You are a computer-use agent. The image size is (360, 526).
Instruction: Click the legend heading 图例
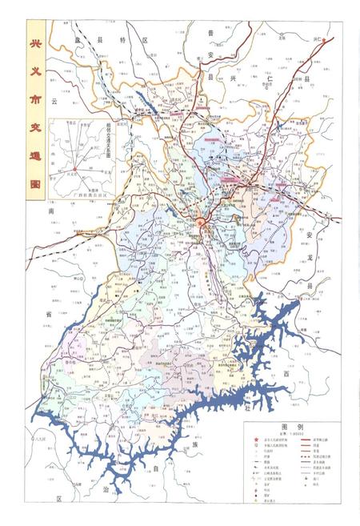click(x=289, y=428)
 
